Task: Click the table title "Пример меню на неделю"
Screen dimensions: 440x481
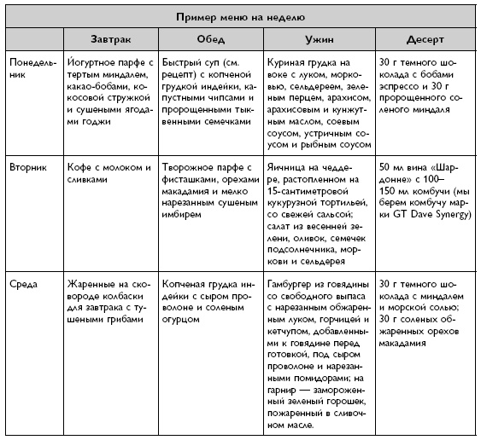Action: click(x=241, y=16)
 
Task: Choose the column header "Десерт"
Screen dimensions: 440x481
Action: click(x=424, y=42)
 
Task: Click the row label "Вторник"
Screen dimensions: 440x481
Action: click(x=29, y=168)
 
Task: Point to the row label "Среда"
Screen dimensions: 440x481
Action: click(x=23, y=281)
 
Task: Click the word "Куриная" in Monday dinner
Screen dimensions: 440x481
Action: click(x=289, y=62)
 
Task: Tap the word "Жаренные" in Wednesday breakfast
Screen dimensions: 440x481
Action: click(x=91, y=281)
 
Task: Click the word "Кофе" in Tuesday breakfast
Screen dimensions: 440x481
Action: click(x=81, y=168)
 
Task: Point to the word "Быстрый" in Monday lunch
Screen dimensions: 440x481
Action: click(x=193, y=62)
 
